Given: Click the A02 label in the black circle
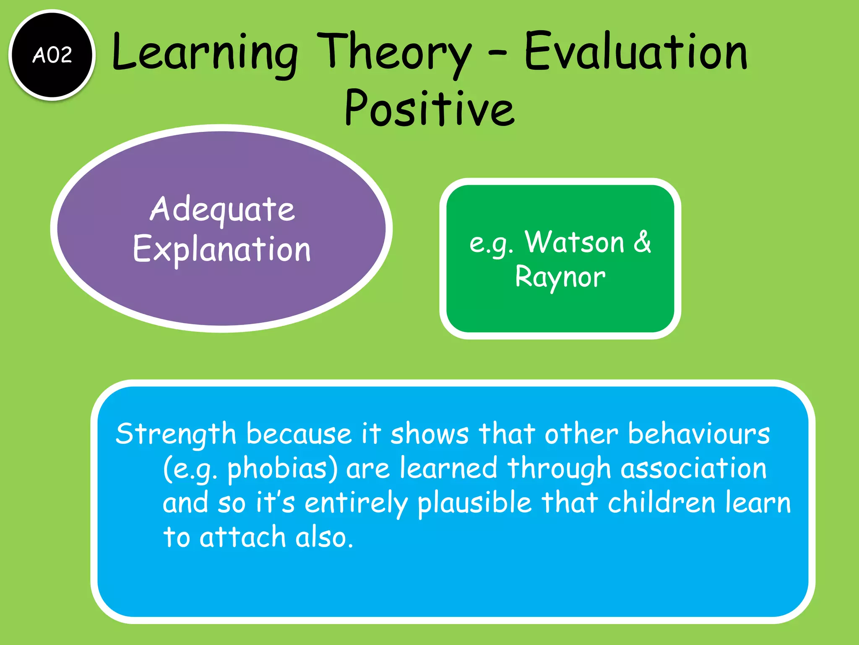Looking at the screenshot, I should tap(52, 55).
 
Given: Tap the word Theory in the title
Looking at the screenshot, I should tap(394, 52).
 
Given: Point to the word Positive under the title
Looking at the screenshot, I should tap(429, 109).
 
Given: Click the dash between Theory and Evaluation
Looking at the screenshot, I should tap(497, 54).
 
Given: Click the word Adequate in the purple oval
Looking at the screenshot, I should tap(222, 210).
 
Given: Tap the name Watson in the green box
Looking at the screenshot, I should tap(574, 242).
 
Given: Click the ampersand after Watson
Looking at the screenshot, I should tap(642, 242).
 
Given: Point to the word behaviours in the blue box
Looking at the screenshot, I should tap(698, 434).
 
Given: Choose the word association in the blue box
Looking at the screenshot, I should tap(693, 468).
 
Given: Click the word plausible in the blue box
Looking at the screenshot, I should tap(474, 503).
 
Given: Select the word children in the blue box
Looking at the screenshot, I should tap(661, 502).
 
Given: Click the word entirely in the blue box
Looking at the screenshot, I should tap(356, 503).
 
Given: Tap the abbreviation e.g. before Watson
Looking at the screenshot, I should tap(491, 244).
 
